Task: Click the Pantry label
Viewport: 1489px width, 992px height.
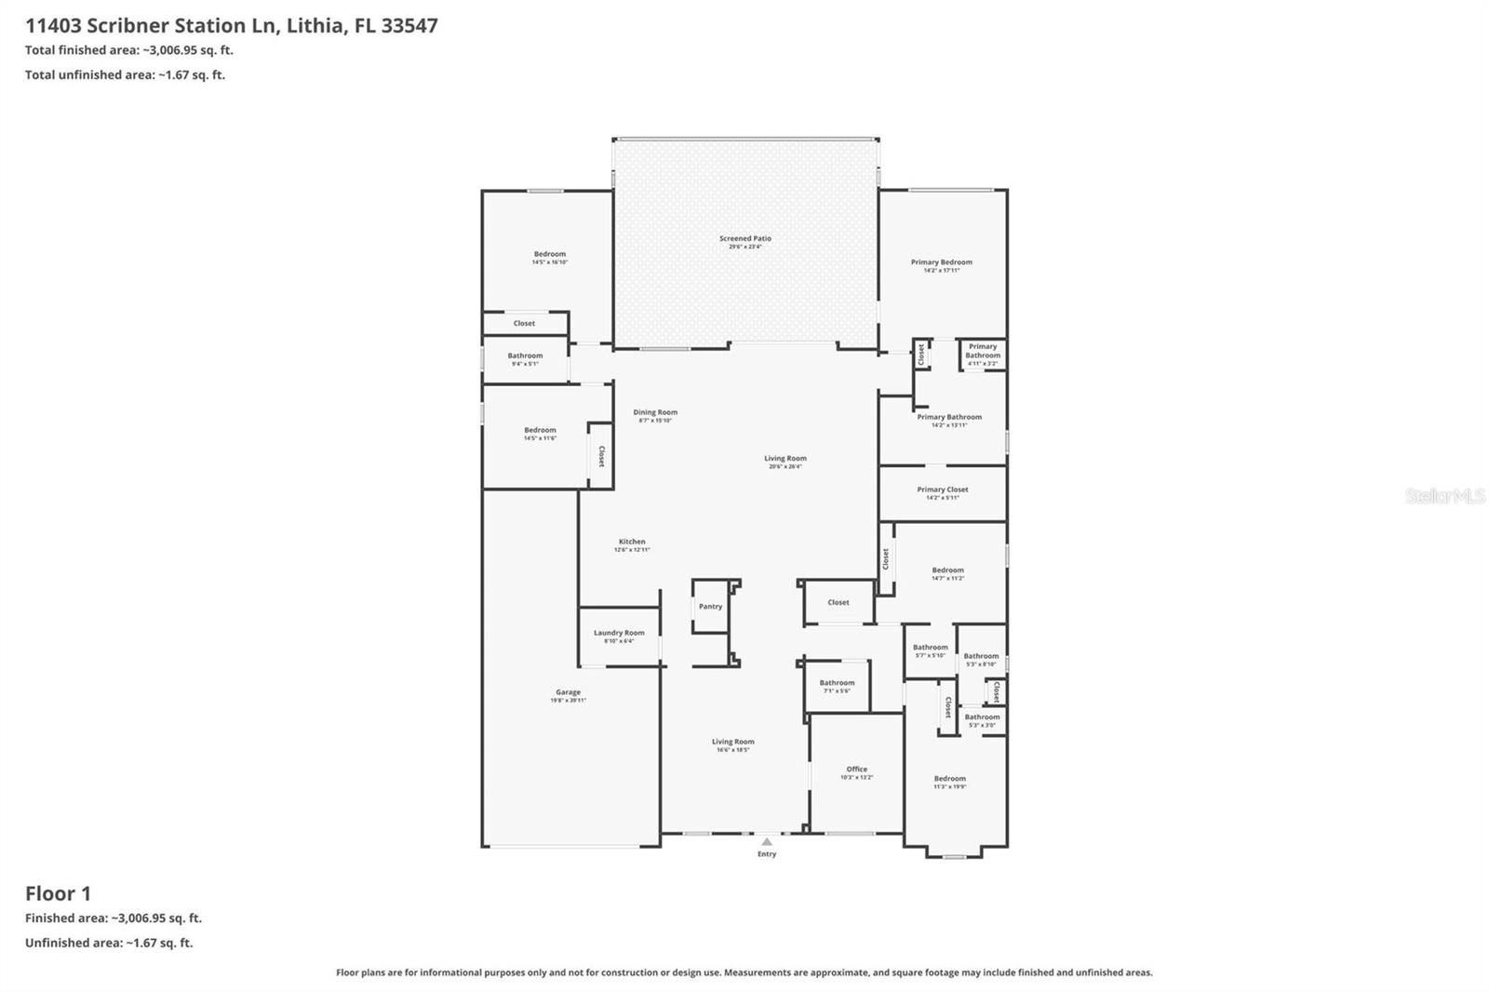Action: point(710,607)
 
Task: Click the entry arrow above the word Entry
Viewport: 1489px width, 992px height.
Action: point(766,841)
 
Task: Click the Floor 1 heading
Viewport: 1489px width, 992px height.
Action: point(58,893)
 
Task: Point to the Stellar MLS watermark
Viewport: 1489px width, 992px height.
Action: point(1444,497)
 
